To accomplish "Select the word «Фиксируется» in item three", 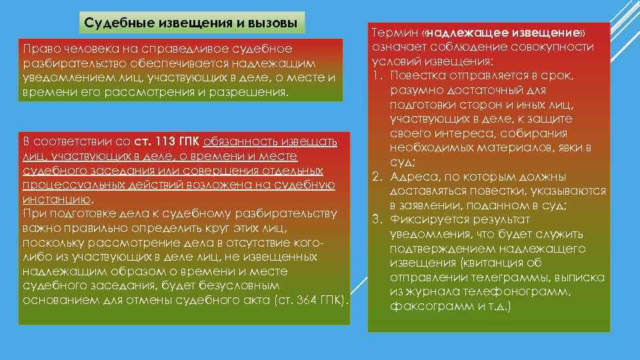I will pos(427,220).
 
